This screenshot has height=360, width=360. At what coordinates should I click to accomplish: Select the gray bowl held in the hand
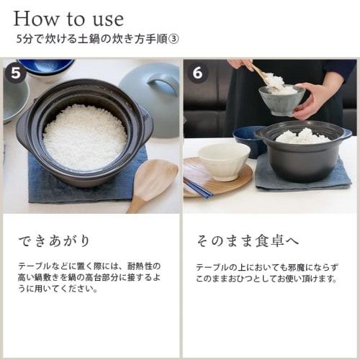pos(280,101)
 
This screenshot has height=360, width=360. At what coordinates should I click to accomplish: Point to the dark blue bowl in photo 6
pos(249,140)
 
